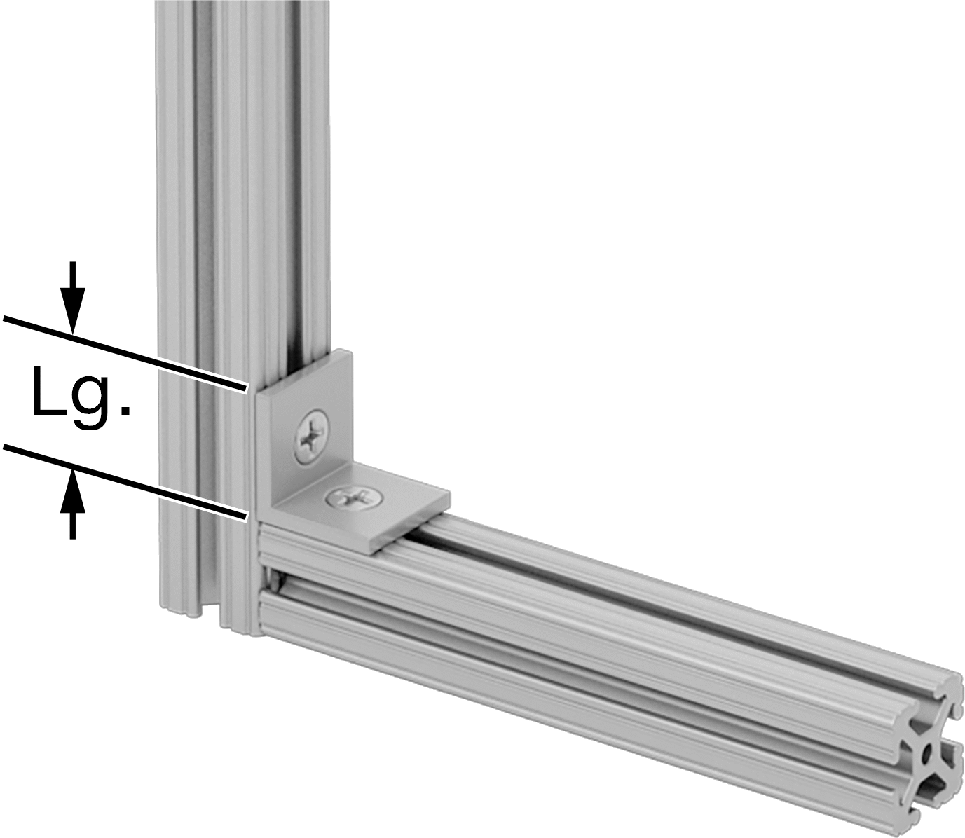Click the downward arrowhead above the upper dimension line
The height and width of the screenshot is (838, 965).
[x=72, y=316]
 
